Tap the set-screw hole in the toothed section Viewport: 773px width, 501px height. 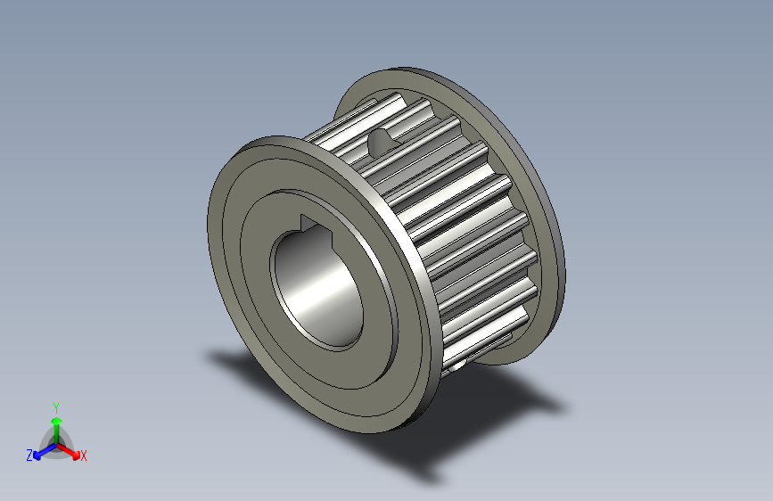tap(382, 139)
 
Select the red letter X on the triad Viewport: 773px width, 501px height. tap(84, 456)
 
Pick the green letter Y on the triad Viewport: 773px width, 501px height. tap(56, 406)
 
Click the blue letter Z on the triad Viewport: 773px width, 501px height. tap(29, 456)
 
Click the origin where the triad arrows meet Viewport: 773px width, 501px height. tap(56, 443)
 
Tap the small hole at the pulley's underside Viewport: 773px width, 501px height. tap(459, 364)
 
